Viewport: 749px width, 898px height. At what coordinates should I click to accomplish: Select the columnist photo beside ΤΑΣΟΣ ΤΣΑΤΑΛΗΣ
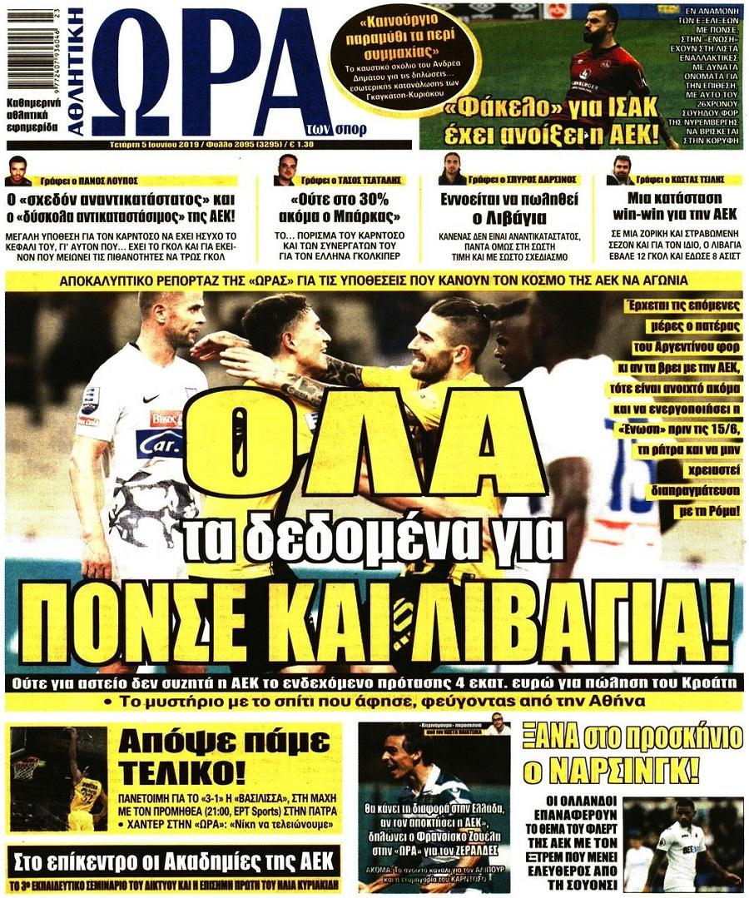coord(285,170)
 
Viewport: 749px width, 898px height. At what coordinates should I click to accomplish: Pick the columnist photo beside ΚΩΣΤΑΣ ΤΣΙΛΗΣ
coord(621,170)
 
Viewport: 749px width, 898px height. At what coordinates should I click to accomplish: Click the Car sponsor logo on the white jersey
coord(160,443)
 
